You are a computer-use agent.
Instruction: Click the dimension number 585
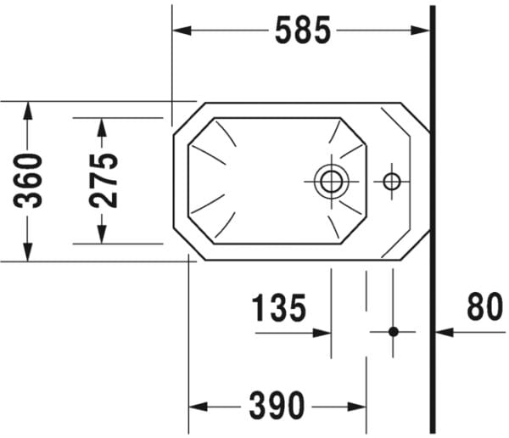pyautogui.click(x=302, y=31)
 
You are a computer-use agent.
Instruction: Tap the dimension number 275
pyautogui.click(x=104, y=180)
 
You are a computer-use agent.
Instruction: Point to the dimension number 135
pyautogui.click(x=278, y=307)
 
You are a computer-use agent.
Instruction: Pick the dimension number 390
pyautogui.click(x=277, y=406)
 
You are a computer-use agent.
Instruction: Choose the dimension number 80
pyautogui.click(x=484, y=307)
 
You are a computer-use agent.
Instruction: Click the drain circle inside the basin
pyautogui.click(x=329, y=180)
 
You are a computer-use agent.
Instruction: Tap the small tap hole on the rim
pyautogui.click(x=391, y=180)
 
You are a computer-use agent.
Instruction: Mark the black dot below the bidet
pyautogui.click(x=393, y=331)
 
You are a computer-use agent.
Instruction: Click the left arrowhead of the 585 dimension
pyautogui.click(x=181, y=31)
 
